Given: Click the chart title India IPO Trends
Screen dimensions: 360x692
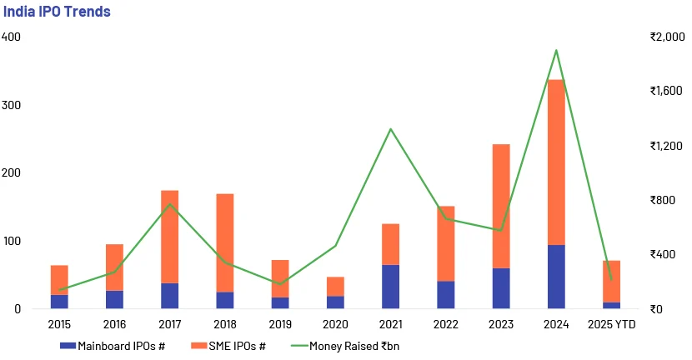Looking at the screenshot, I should pyautogui.click(x=57, y=12).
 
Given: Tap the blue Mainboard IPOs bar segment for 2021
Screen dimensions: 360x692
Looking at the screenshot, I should pyautogui.click(x=390, y=287).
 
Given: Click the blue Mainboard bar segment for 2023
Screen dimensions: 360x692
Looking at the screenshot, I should pyautogui.click(x=500, y=288).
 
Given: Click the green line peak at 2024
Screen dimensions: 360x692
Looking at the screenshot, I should pyautogui.click(x=555, y=50).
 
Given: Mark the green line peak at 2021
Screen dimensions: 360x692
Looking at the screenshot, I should pyautogui.click(x=390, y=128).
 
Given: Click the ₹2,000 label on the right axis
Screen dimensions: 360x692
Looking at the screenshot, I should pyautogui.click(x=666, y=37).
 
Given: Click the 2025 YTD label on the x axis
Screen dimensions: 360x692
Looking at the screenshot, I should pyautogui.click(x=612, y=322).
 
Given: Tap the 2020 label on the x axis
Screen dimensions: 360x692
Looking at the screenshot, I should pyautogui.click(x=335, y=322).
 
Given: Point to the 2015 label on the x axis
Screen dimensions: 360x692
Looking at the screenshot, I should pyautogui.click(x=59, y=322).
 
